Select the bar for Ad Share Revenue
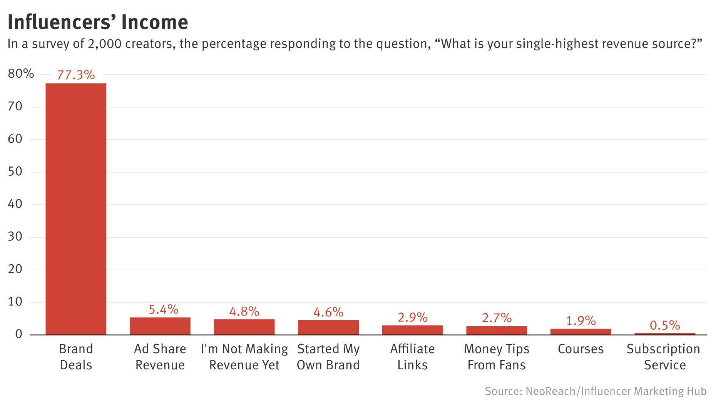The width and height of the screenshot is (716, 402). coord(160,326)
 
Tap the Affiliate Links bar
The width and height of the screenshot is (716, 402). coord(412,330)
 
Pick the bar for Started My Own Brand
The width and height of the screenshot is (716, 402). coord(328,327)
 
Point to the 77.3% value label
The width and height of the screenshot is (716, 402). coord(76,75)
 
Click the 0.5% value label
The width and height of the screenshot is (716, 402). coord(665,326)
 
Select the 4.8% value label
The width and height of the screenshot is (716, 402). coord(244,311)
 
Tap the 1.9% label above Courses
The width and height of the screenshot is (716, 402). coord(580,321)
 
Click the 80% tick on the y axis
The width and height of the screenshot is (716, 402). coord(21,74)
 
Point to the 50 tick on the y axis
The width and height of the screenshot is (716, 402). coord(15,171)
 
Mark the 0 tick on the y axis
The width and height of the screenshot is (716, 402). coord(18,334)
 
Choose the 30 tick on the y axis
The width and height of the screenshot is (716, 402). coord(15,237)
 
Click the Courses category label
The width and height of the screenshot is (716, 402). coord(580,349)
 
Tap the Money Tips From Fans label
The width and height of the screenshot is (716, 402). coord(497,357)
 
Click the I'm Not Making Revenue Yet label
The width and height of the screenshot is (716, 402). coord(244,357)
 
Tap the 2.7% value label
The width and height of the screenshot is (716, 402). coord(497,318)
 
